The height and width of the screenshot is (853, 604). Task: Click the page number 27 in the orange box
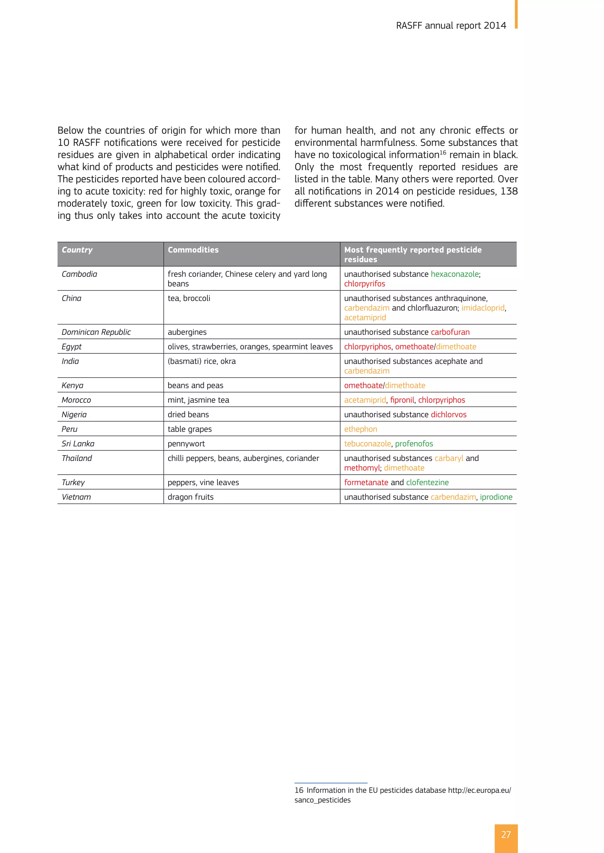point(506,834)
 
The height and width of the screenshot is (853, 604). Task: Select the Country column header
point(77,250)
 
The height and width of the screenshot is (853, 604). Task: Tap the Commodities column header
point(193,250)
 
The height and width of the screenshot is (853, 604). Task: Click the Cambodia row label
point(79,274)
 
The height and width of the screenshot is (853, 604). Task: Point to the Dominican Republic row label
point(96,332)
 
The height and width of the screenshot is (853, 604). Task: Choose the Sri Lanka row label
point(78,444)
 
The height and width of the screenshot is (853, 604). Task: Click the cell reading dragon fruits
point(191,497)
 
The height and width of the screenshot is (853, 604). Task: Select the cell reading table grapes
point(189,429)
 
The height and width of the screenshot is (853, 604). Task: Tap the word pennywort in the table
point(186,444)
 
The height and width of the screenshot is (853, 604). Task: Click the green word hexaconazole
point(454,274)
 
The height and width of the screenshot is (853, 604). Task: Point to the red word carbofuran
point(450,332)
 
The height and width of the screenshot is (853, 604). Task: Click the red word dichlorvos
point(448,415)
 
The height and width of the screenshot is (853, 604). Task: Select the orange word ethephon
point(360,429)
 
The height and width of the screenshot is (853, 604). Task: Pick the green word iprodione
point(496,497)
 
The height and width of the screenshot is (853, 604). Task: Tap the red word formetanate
point(366,482)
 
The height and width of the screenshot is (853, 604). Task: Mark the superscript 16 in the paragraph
point(443,152)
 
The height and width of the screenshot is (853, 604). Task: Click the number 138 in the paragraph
point(509,191)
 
